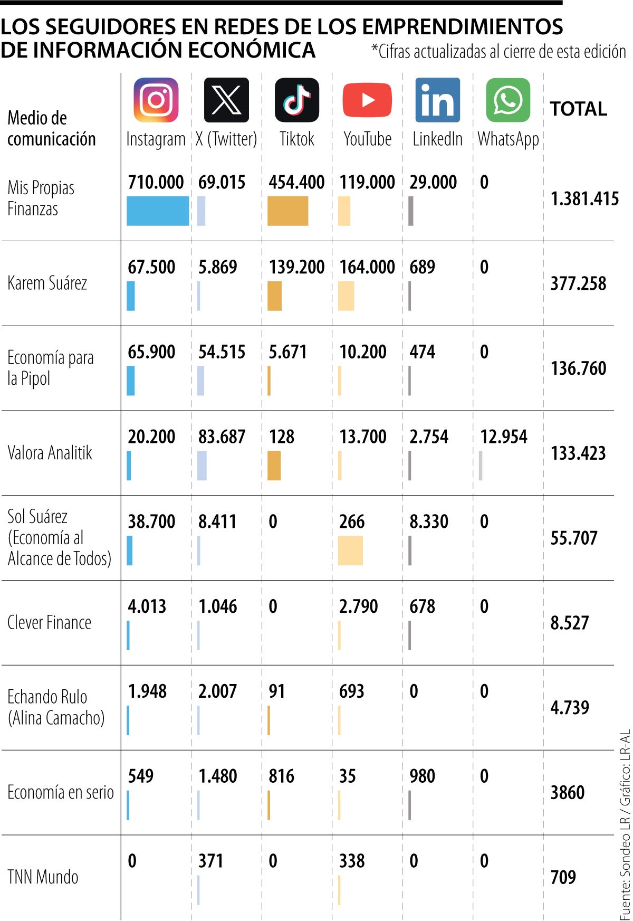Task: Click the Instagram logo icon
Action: click(156, 100)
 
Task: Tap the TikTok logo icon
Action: click(296, 100)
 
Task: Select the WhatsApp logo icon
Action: click(507, 100)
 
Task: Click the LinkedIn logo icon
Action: click(437, 100)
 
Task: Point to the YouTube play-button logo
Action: click(367, 100)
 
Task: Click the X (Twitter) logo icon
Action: click(226, 100)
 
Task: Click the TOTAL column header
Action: click(578, 109)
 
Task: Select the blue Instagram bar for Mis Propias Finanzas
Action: click(157, 211)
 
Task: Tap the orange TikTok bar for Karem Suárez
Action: click(274, 296)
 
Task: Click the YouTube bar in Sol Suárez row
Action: click(350, 550)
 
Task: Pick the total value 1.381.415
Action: click(584, 199)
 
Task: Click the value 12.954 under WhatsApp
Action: click(503, 437)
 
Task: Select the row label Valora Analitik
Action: click(50, 453)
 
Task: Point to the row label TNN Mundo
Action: click(43, 877)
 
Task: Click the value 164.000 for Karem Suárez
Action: click(367, 267)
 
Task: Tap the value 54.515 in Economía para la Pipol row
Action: click(222, 352)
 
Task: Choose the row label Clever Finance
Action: click(49, 623)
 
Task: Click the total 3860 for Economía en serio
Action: click(568, 792)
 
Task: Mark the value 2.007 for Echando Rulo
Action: click(217, 691)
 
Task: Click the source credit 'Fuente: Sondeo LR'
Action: click(625, 866)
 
